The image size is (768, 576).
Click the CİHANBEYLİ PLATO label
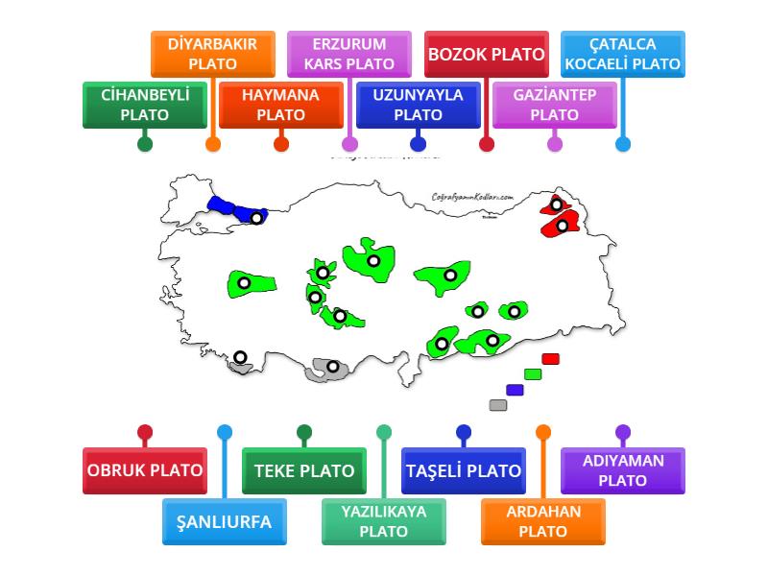coord(145,105)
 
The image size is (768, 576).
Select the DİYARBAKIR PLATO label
coord(213,54)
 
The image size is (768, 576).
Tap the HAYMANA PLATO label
coord(281,105)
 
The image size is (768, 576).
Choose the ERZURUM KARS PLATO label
coord(349,54)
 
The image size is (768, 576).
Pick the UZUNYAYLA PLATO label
coord(418,105)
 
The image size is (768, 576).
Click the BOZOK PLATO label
coord(486,54)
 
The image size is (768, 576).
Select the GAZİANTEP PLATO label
coord(554,105)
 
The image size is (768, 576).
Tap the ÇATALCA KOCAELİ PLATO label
coord(622,54)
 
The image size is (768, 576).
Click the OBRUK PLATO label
coord(145,470)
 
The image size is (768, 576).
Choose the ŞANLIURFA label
coord(224,522)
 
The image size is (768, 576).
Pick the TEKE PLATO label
coord(303,470)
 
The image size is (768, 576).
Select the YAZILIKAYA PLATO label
coord(383,522)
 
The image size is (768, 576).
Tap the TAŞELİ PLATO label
coord(463,470)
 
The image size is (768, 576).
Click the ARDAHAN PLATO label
coord(542,522)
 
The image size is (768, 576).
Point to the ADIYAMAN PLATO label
coord(622,470)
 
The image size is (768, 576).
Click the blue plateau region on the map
coord(230,207)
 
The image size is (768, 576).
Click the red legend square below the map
coord(550,359)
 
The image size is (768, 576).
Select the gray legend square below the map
coord(497,405)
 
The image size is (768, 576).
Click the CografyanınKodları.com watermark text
coord(473,196)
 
